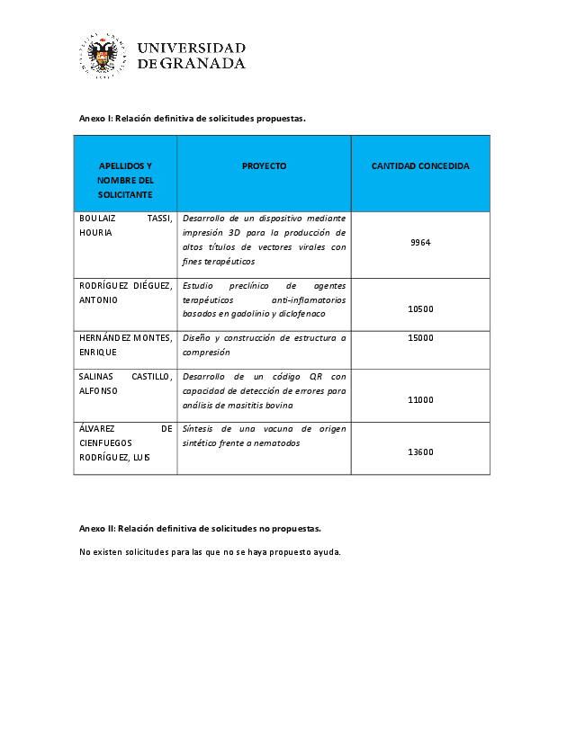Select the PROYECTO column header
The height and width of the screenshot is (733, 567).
click(264, 166)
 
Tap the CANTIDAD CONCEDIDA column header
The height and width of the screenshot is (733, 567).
click(420, 166)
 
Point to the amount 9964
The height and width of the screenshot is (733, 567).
click(420, 243)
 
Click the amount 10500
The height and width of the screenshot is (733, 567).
click(420, 308)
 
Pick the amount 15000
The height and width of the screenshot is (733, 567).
click(420, 338)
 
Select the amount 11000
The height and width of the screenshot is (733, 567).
click(420, 400)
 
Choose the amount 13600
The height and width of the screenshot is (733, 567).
click(420, 452)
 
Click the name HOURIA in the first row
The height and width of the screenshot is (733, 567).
click(95, 233)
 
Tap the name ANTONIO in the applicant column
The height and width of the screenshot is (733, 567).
click(98, 299)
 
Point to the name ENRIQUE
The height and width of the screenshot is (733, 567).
click(96, 353)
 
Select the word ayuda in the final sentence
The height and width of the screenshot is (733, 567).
click(325, 551)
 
